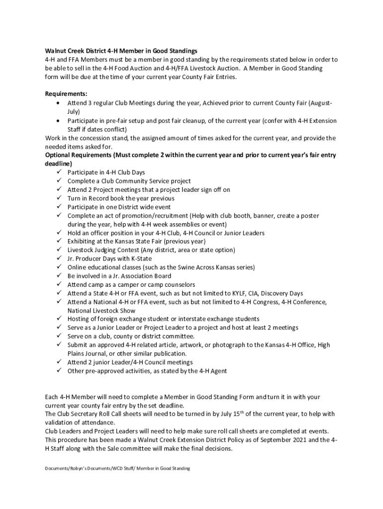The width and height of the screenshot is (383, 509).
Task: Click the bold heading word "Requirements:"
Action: (x=66, y=94)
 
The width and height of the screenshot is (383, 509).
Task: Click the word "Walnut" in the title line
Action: (x=56, y=51)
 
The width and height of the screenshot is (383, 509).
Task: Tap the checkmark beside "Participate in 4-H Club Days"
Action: (x=58, y=172)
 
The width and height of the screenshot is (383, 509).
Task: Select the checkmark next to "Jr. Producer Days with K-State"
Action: (x=58, y=258)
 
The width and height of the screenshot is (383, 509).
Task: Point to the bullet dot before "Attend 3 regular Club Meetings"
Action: (x=58, y=103)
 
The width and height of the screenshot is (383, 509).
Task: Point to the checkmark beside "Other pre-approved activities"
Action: (x=58, y=370)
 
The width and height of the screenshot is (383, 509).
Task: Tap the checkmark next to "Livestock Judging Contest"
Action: (x=58, y=250)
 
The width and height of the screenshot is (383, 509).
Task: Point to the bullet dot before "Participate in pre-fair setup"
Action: (x=58, y=121)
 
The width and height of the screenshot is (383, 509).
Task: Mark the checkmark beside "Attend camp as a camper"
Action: (x=58, y=284)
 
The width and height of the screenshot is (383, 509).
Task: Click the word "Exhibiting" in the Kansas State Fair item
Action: (x=82, y=242)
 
